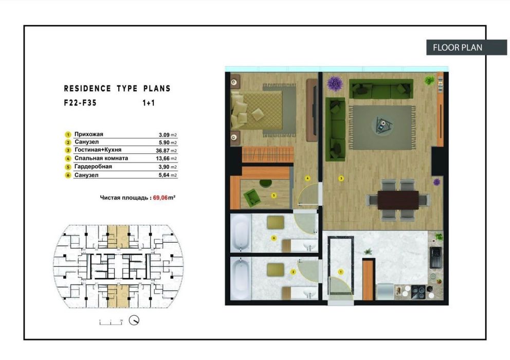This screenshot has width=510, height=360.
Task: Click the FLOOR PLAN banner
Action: click(x=458, y=47)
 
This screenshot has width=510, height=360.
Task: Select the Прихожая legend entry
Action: click(x=88, y=134)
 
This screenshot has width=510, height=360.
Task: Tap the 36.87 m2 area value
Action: click(x=168, y=150)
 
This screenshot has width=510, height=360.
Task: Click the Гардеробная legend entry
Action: click(x=93, y=167)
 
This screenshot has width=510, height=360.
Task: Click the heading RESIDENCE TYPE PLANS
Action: click(x=117, y=88)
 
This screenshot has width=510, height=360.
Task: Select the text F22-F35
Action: click(x=80, y=102)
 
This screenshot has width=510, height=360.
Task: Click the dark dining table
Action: click(x=398, y=200)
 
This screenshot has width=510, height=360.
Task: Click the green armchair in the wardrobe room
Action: click(x=252, y=196)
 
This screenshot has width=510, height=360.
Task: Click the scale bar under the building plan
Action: click(x=110, y=321)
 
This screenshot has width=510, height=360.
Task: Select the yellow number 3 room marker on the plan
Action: click(x=340, y=179)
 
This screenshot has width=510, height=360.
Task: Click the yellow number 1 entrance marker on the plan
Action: click(x=340, y=271)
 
